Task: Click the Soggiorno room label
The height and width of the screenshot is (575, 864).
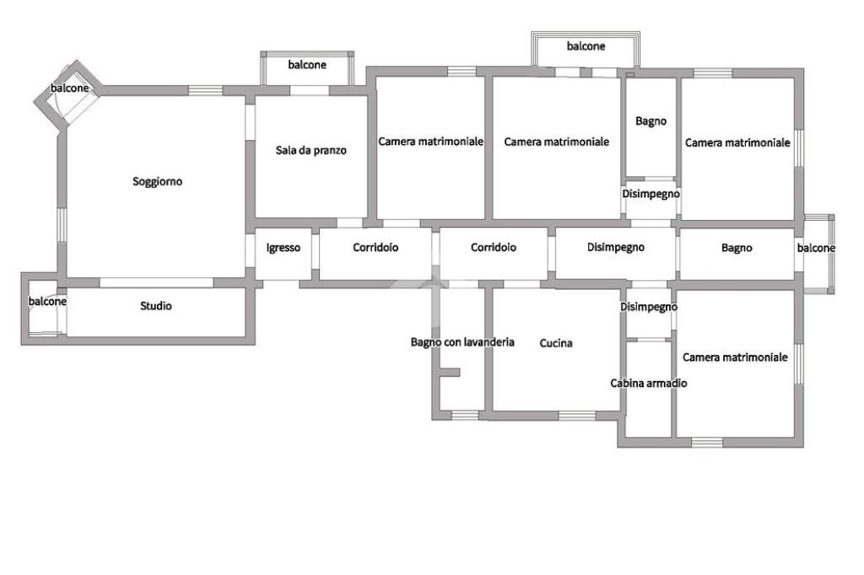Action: [x=158, y=181]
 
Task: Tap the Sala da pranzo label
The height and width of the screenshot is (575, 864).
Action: [x=311, y=151]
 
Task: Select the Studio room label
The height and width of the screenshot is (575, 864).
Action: [x=156, y=306]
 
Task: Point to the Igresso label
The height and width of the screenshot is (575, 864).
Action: [x=283, y=248]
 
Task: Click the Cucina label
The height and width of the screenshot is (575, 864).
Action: [x=556, y=343]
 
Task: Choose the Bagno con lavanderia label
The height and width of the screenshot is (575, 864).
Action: [x=462, y=342]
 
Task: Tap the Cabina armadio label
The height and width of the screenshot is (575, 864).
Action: [x=649, y=383]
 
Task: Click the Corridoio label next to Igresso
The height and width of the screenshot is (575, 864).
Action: [x=375, y=248]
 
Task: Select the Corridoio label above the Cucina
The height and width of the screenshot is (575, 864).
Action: [x=494, y=248]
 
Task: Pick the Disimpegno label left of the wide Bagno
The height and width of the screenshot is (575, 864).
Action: [x=616, y=247]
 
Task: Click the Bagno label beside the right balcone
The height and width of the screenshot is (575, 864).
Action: [x=737, y=248]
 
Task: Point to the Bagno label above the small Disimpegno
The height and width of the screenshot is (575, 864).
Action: [x=651, y=121]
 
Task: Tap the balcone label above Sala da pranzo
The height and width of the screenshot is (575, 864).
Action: [x=307, y=65]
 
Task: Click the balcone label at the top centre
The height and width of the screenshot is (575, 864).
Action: [x=586, y=46]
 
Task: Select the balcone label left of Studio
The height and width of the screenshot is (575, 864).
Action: [x=48, y=301]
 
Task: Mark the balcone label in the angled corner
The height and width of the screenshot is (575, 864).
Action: [x=69, y=89]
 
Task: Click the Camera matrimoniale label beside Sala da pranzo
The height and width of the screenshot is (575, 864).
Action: [x=430, y=142]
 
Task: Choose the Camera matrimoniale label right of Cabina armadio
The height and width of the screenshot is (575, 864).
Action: [x=735, y=357]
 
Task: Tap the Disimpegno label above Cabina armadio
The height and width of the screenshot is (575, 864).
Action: [x=649, y=307]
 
